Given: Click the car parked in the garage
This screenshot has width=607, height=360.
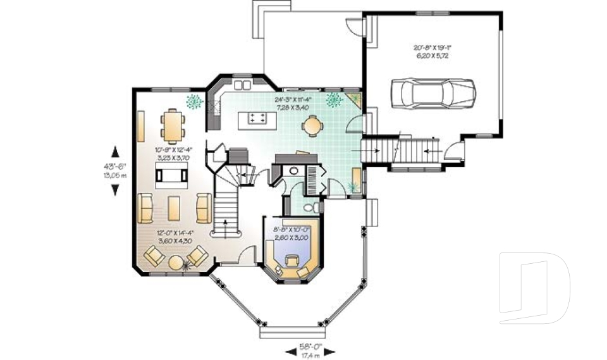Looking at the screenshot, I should coord(432,94).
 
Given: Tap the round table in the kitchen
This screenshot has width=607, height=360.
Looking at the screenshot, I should coord(312,127).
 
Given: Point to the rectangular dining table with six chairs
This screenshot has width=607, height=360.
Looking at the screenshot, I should coord(172,124).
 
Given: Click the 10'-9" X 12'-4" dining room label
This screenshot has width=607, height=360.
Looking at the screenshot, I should coord(173,150).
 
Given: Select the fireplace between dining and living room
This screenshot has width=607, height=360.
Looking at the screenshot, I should coord(171,175).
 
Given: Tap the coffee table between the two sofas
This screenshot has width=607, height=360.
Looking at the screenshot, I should coord(173,208).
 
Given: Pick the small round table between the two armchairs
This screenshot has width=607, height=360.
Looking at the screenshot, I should coord(176,259).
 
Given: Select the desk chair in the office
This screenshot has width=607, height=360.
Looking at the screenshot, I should coord(293,260).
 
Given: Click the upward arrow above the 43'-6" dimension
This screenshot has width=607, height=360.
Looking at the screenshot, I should coord(115,151).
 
